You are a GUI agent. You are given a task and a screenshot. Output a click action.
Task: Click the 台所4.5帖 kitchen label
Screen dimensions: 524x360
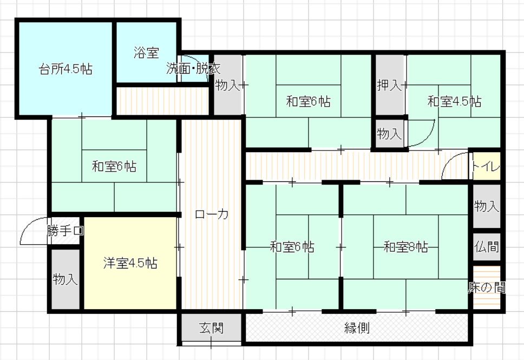click(65, 69)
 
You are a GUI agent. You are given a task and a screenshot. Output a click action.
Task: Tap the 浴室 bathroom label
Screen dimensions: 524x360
click(146, 53)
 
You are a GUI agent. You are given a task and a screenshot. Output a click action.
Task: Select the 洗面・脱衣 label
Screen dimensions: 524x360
click(193, 69)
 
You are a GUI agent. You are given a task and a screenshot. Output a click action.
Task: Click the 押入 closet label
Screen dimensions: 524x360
click(389, 85)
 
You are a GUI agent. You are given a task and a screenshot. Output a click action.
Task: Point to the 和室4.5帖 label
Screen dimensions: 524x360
click(455, 101)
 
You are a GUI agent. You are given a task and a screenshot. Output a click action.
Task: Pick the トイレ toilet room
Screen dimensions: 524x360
click(487, 166)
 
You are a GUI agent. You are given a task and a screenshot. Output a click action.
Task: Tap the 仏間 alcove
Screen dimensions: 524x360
click(487, 247)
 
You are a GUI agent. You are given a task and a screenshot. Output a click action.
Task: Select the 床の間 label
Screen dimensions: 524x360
click(487, 287)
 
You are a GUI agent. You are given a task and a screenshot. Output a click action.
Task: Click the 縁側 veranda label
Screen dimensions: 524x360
click(357, 328)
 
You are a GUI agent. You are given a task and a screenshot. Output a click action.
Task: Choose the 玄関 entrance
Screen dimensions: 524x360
click(211, 328)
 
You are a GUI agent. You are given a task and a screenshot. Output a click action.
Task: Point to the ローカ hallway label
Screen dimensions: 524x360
click(211, 214)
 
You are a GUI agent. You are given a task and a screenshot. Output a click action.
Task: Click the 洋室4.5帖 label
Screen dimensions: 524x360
click(130, 263)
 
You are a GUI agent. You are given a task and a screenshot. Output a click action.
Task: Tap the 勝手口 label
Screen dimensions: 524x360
click(65, 231)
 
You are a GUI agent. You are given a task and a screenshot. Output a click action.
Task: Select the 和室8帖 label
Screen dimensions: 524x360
click(405, 247)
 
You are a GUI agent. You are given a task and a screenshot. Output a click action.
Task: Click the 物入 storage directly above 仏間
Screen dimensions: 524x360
click(487, 206)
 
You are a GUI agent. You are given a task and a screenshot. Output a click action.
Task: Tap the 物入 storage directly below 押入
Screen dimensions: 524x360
click(389, 134)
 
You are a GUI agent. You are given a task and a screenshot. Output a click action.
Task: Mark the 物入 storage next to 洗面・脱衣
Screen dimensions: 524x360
click(227, 85)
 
